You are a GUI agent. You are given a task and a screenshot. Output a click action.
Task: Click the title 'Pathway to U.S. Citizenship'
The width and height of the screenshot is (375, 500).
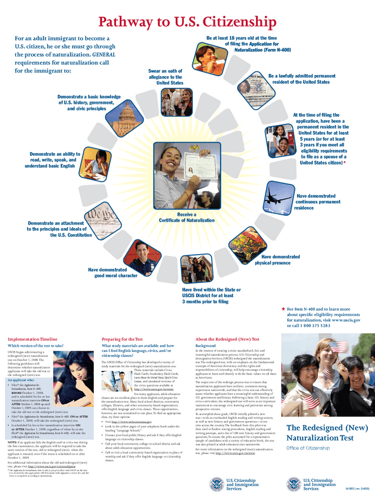(x=187, y=22)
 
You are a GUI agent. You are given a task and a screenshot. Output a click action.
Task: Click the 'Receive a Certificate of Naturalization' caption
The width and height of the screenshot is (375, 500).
(x=186, y=217)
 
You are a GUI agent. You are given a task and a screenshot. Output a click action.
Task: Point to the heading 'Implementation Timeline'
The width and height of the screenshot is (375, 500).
(x=32, y=339)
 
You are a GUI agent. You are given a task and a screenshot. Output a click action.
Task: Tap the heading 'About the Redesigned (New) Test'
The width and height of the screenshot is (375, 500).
(x=227, y=339)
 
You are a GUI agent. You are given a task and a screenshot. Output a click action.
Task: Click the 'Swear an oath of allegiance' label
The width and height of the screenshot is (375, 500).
(x=166, y=77)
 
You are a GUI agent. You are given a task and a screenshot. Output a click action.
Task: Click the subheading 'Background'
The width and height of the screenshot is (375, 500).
(x=206, y=346)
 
